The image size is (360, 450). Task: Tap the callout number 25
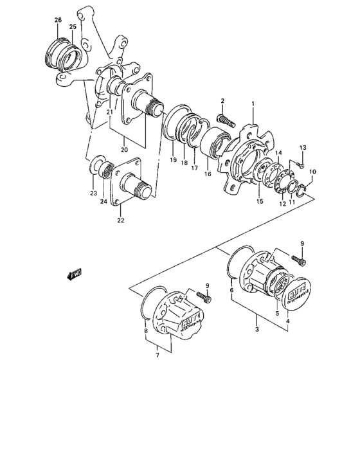coord(73,27)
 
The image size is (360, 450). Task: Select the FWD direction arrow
coord(74,276)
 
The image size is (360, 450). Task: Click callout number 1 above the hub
coord(253,103)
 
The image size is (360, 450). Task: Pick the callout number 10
coord(313,172)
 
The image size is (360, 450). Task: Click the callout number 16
coord(208,174)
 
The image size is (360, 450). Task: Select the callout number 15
coord(260,202)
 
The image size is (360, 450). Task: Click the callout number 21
coord(110,113)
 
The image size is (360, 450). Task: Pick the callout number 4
coord(287,321)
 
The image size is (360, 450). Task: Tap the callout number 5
coord(277,314)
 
